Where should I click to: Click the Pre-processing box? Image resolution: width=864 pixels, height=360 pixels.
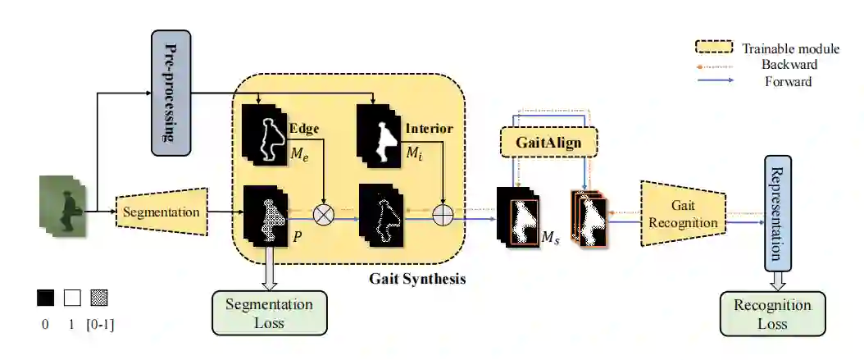(171, 93)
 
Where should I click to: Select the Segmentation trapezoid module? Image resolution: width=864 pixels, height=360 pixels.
(161, 212)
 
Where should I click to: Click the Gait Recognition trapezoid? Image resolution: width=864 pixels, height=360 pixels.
(683, 215)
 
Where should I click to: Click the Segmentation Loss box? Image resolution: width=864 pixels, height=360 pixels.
(269, 313)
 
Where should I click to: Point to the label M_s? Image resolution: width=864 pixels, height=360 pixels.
(551, 238)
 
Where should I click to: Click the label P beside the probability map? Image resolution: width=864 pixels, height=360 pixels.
(297, 233)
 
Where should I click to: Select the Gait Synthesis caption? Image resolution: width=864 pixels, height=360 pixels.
(417, 279)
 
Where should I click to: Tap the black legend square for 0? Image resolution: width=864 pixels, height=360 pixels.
(46, 297)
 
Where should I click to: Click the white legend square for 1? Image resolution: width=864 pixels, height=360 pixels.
(72, 297)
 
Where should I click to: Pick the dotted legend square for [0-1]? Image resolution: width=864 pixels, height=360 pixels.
(99, 297)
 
